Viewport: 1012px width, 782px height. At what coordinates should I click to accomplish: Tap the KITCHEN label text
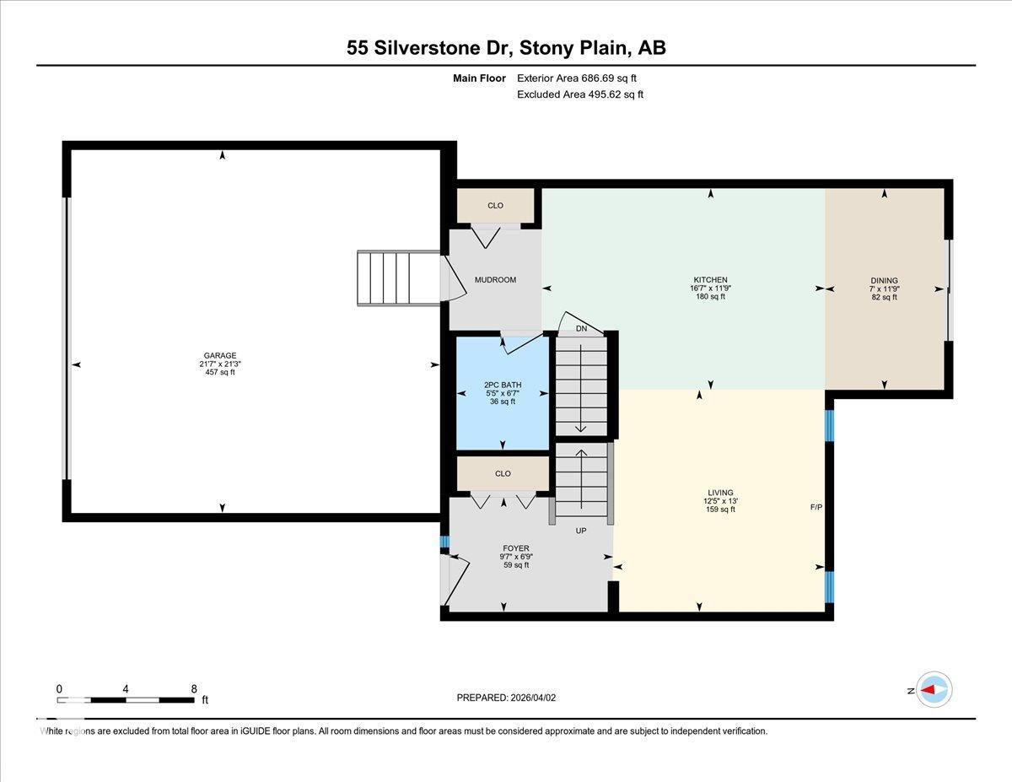click(x=710, y=280)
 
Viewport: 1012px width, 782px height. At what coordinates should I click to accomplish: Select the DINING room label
click(x=884, y=281)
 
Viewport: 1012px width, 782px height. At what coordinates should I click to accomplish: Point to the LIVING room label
click(x=720, y=493)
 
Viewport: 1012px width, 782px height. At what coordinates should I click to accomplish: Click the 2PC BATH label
click(x=502, y=385)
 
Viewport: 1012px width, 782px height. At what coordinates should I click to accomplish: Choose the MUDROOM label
click(x=495, y=280)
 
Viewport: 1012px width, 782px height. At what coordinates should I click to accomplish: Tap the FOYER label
click(x=515, y=548)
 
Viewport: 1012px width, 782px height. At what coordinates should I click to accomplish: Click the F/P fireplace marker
click(x=816, y=508)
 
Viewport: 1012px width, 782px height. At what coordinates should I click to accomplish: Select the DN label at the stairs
click(x=581, y=329)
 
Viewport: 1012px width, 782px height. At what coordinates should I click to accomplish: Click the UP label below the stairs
click(x=580, y=531)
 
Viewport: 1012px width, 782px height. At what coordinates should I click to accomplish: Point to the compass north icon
click(x=934, y=690)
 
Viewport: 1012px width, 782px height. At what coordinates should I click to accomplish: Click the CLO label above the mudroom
click(x=495, y=206)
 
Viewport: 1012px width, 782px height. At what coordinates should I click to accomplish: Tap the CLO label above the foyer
click(x=503, y=474)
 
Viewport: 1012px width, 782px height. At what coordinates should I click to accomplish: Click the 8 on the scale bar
click(x=194, y=688)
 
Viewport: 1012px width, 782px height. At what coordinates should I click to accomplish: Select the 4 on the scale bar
click(x=126, y=688)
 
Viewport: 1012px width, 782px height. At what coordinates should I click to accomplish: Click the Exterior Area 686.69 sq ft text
click(x=576, y=78)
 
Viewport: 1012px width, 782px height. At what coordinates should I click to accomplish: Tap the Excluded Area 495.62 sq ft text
click(x=579, y=94)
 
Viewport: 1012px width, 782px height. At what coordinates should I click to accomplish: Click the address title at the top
click(x=506, y=48)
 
